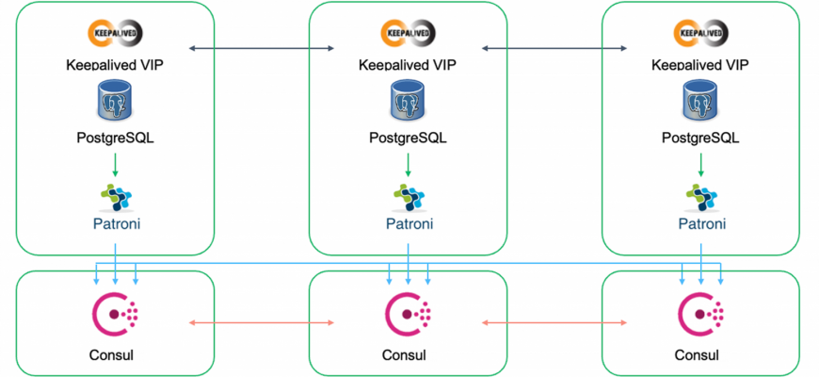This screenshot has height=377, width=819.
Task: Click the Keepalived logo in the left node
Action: [115, 35]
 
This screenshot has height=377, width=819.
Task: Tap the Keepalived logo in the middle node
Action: [407, 35]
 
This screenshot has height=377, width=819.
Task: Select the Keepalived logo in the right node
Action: [700, 35]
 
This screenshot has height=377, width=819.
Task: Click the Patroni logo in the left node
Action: [115, 195]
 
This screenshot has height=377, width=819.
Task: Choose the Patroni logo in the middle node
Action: [407, 195]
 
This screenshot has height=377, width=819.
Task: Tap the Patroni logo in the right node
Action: [700, 195]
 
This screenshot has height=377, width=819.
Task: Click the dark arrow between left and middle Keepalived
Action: [261, 46]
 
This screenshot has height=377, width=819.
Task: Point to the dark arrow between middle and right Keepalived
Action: [554, 46]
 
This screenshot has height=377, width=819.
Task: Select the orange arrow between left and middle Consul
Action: [262, 323]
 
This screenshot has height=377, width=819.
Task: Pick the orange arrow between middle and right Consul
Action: [554, 323]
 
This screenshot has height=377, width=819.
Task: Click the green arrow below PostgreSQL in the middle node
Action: [408, 164]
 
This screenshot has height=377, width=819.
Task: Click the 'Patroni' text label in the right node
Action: [701, 224]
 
